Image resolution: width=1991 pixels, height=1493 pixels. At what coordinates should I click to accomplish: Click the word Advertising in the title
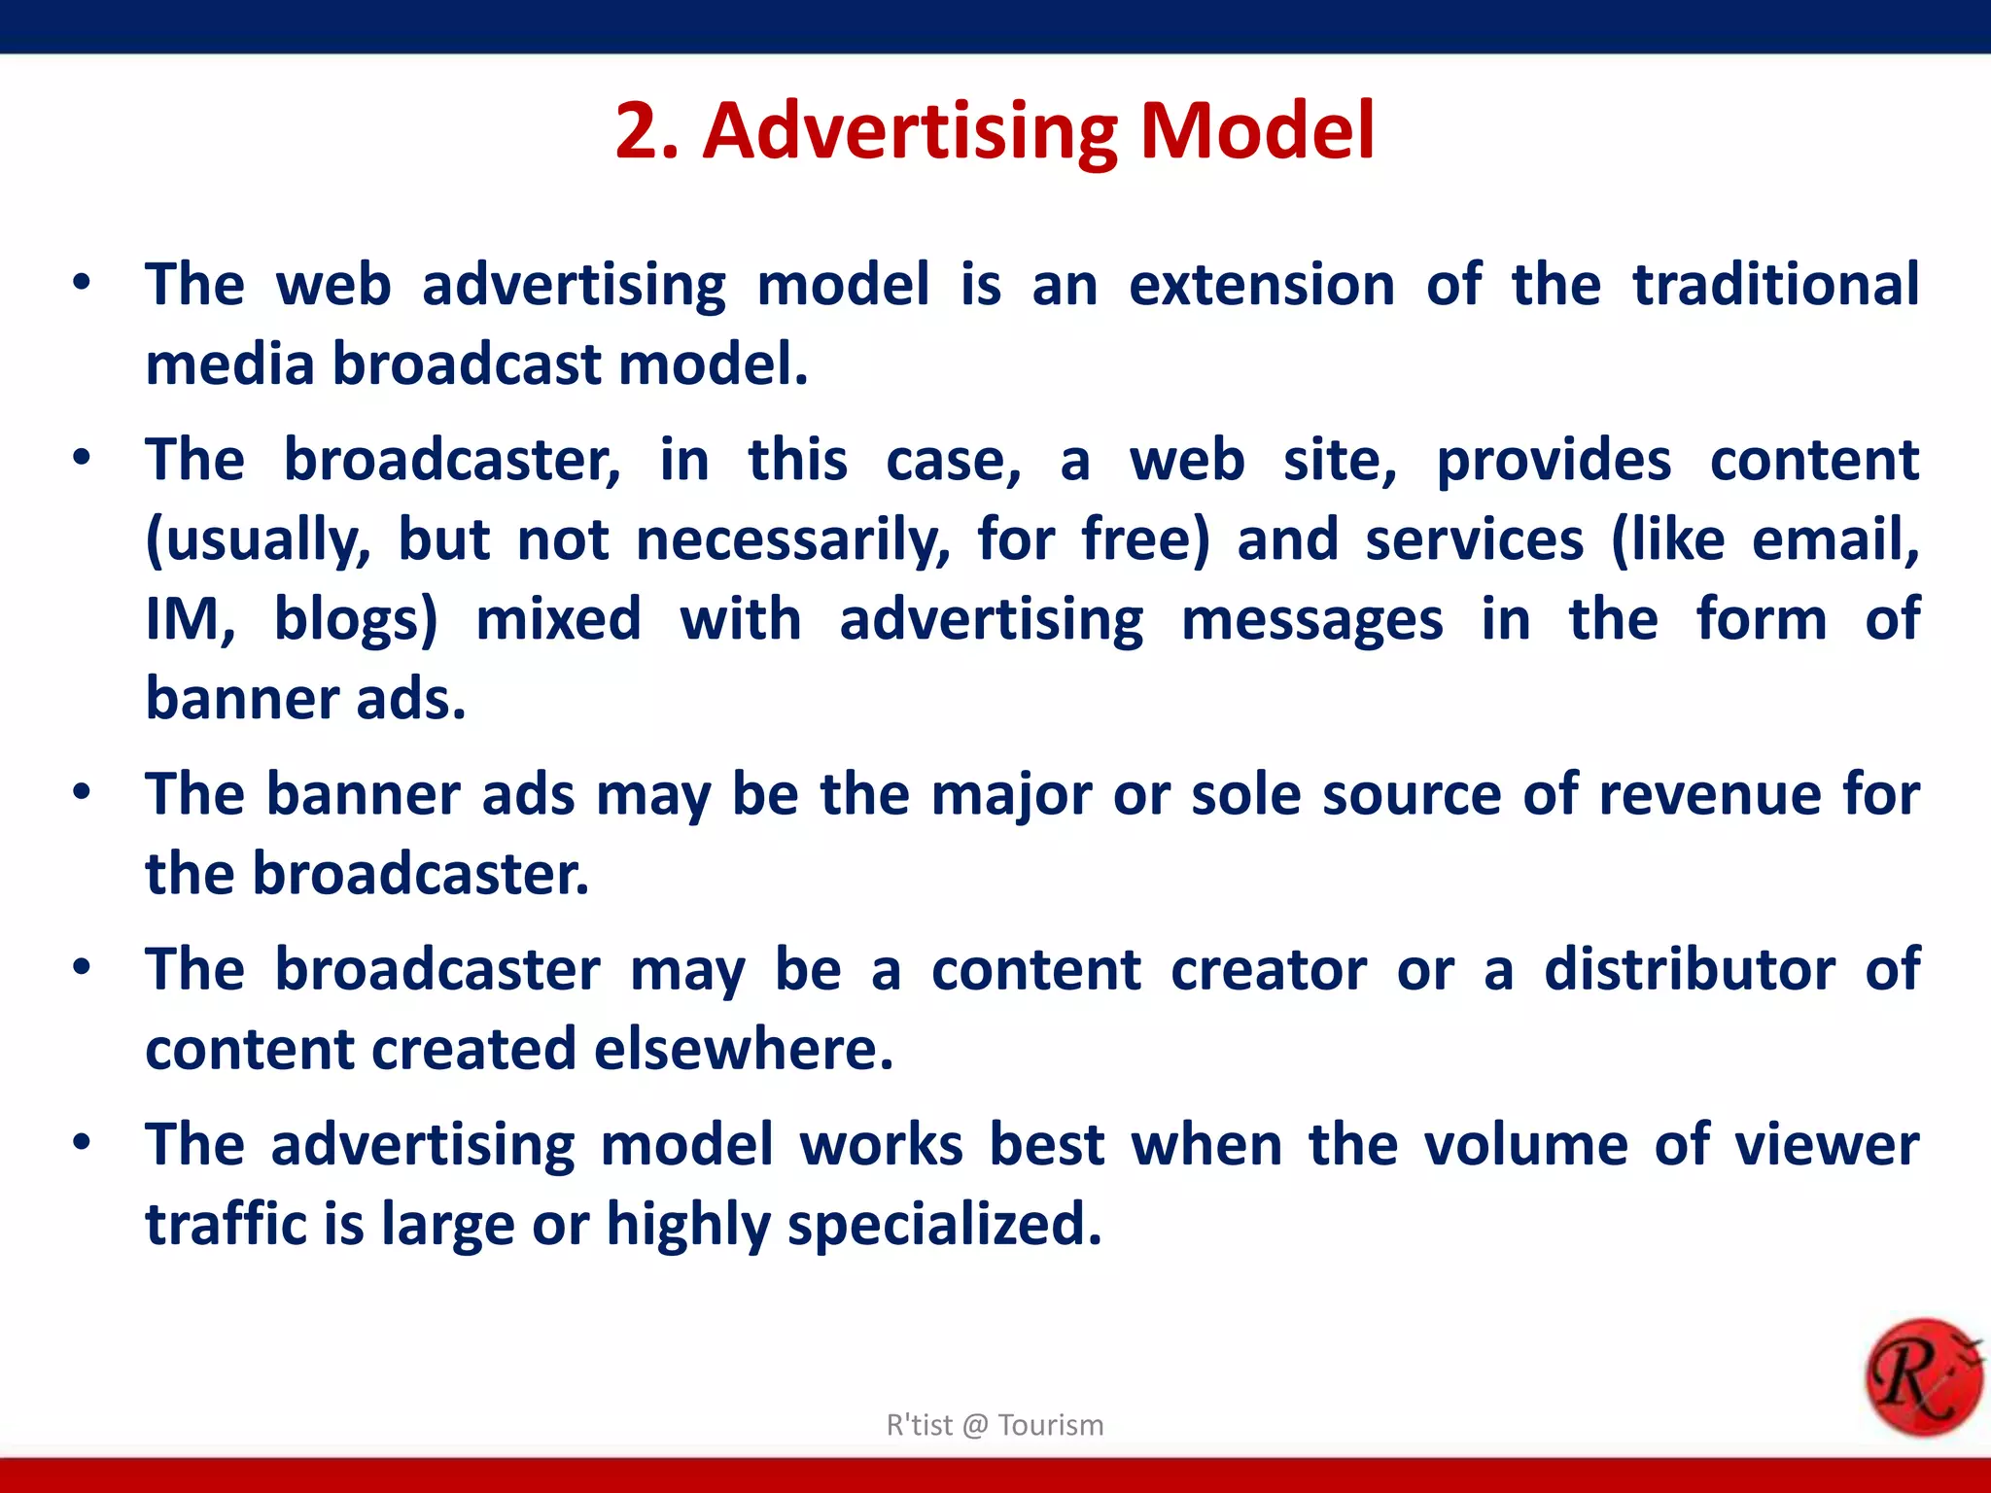(909, 132)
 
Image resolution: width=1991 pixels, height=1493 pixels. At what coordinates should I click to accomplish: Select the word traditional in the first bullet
(1775, 285)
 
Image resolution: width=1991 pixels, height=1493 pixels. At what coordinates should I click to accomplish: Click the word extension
(1261, 285)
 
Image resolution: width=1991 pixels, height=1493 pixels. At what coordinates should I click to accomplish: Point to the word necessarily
(792, 540)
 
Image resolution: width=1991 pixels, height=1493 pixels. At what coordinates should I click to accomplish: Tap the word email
(1834, 540)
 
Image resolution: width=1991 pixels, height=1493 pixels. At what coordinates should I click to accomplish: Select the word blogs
(355, 620)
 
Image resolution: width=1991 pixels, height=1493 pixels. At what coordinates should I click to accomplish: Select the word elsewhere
(743, 1050)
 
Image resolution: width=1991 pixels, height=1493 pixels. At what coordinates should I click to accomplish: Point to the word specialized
(944, 1225)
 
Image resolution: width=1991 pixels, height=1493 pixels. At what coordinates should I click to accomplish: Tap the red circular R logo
(1922, 1377)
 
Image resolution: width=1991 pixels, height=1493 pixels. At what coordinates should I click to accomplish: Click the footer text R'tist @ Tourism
(995, 1425)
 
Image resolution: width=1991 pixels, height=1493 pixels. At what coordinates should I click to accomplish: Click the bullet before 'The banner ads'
(82, 792)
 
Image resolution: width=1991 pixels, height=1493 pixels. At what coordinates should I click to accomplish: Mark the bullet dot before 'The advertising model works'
(82, 1142)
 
